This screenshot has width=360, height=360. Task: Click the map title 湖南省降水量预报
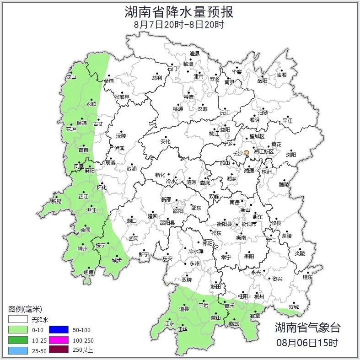179,12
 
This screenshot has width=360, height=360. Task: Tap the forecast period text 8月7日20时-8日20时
179,25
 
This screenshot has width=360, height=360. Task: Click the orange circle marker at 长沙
247,153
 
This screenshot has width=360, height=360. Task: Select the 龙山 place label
71,77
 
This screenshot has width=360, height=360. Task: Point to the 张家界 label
122,97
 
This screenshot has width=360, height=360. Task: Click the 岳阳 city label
262,81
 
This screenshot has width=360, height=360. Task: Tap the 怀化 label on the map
102,188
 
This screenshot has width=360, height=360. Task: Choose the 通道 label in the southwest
89,272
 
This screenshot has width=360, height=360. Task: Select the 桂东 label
307,277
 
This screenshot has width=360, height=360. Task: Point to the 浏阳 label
291,155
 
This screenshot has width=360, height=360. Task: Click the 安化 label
165,142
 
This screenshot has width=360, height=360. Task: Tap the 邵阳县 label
167,223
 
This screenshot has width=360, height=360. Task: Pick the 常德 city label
188,97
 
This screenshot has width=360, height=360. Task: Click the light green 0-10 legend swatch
18,329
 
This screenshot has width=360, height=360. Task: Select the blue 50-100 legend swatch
58,329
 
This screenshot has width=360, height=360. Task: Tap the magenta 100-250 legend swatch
58,340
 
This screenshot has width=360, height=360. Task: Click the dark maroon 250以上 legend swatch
58,350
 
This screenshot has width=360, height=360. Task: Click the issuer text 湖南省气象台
307,328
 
